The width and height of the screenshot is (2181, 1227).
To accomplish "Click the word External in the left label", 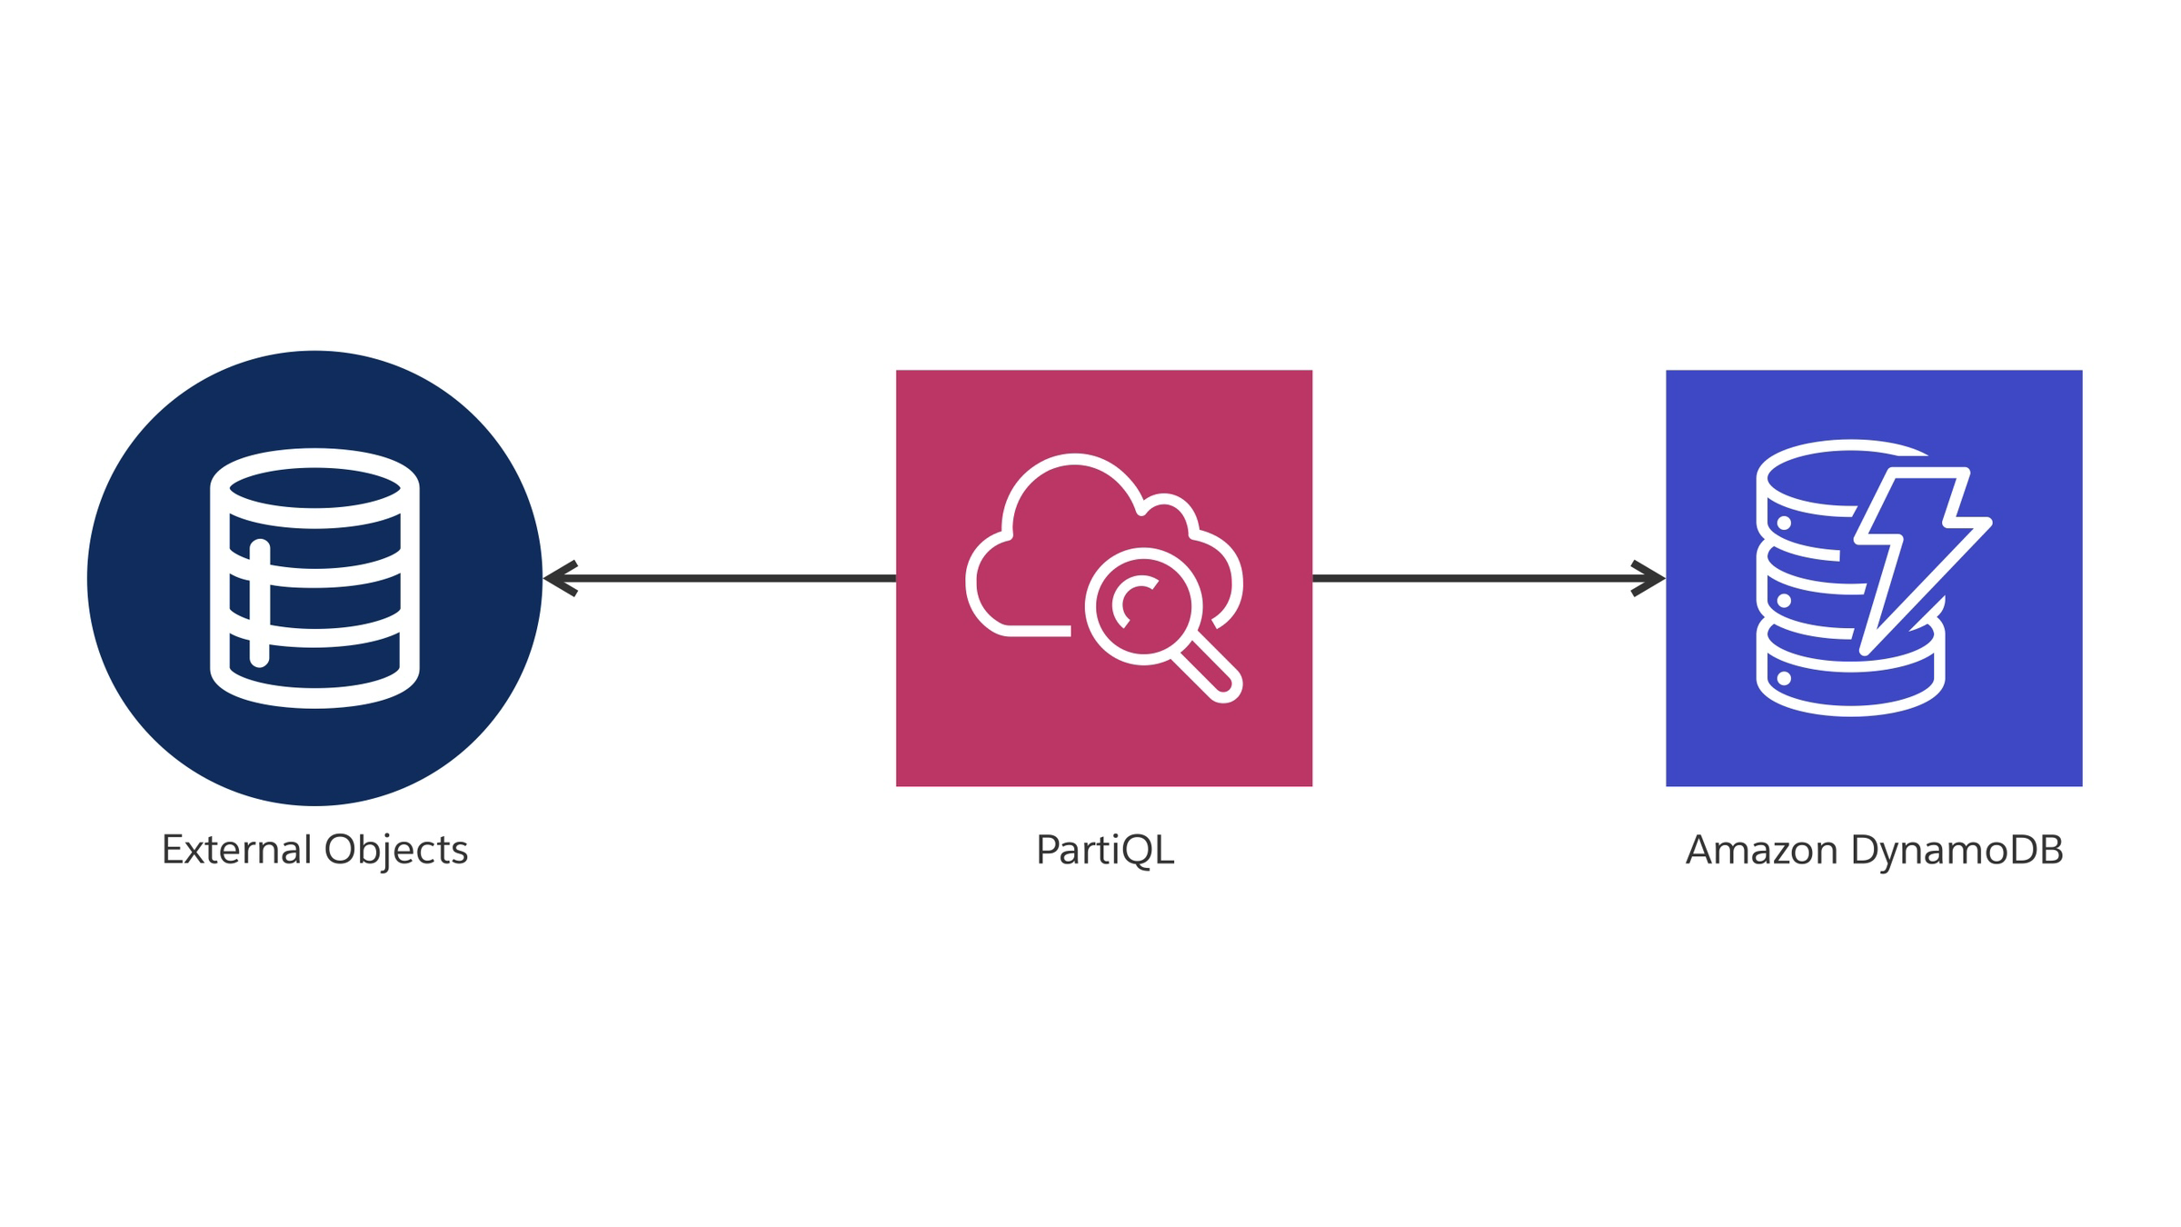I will click(237, 850).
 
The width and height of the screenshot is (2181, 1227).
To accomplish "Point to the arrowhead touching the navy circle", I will click(559, 578).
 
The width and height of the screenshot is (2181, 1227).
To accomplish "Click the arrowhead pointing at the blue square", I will click(1649, 578).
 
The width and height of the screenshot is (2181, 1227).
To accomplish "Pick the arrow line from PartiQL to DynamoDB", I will click(1472, 578).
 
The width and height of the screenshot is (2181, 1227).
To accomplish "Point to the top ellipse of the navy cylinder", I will click(314, 488).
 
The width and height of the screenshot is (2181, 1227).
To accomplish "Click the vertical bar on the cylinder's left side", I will click(260, 604).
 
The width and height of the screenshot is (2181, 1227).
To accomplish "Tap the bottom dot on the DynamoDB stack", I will click(1784, 678).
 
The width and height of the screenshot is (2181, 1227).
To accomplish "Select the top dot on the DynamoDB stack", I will click(1784, 524).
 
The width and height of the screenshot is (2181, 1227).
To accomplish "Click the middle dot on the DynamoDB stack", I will click(1784, 601).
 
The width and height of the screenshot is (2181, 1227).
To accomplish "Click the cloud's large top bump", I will click(1072, 491).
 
